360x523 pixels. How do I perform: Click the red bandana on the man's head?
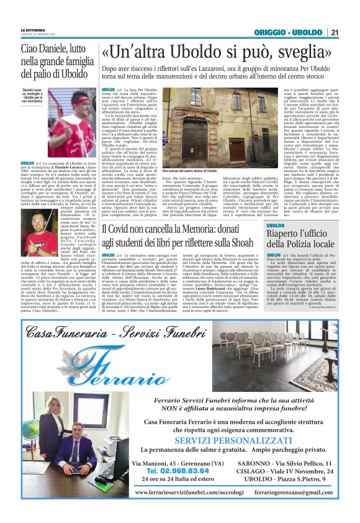point(75,99)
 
